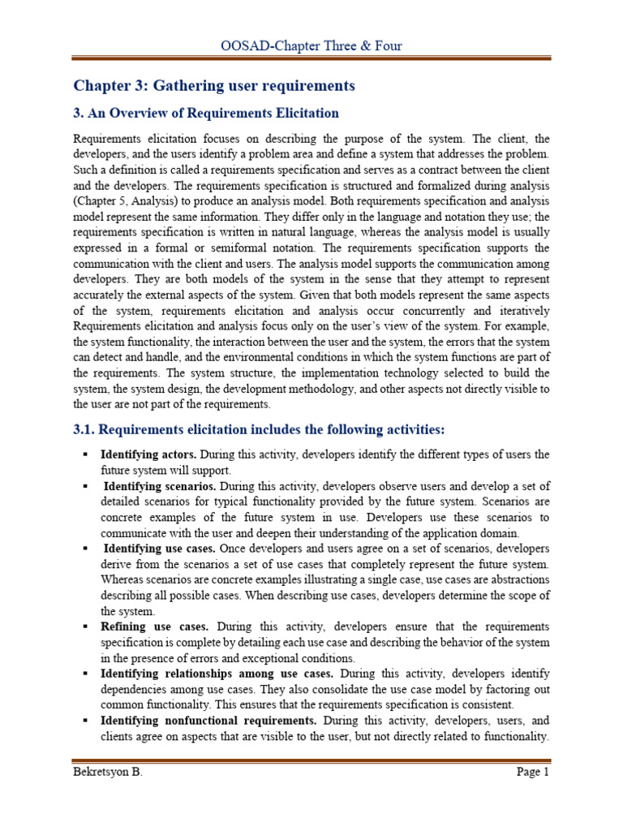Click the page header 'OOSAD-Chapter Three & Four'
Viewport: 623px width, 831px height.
(x=311, y=45)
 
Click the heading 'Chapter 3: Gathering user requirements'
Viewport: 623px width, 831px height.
(x=214, y=85)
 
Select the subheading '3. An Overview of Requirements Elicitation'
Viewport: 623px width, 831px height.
(x=206, y=113)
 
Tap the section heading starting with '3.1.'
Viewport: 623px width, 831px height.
(x=260, y=428)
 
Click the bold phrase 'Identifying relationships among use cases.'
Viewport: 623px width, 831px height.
(x=219, y=674)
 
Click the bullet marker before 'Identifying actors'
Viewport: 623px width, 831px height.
(x=84, y=454)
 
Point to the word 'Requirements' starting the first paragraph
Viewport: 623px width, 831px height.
(x=107, y=138)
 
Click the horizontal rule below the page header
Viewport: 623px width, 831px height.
(x=311, y=58)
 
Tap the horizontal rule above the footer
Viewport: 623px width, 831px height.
(x=311, y=760)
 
